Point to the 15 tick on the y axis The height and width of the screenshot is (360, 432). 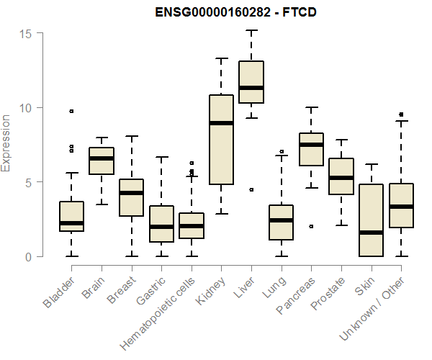click(x=27, y=34)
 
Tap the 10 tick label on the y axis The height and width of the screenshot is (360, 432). click(x=27, y=108)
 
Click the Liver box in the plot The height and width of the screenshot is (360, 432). click(x=251, y=82)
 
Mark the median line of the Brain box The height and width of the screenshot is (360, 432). click(x=102, y=158)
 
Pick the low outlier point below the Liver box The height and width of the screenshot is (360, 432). click(x=251, y=189)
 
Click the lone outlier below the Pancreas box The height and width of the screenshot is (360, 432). click(x=311, y=226)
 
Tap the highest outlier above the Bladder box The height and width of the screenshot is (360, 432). click(x=71, y=111)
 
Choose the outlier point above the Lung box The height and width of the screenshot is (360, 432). click(x=281, y=152)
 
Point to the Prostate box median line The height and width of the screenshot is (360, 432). click(x=341, y=178)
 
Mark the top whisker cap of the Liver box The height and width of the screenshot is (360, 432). click(x=251, y=30)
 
